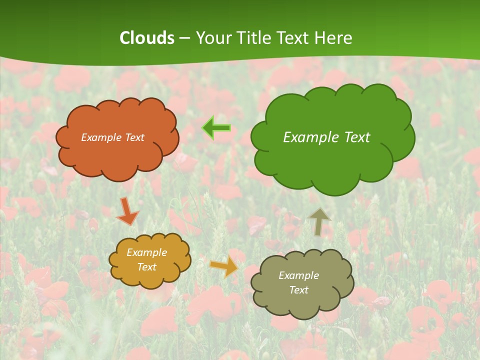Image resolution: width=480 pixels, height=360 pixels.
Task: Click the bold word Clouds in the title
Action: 147,38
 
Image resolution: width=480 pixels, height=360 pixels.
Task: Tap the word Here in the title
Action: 333,38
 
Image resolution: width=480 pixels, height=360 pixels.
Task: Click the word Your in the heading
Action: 214,38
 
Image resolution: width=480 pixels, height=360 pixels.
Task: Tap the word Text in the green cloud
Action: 357,137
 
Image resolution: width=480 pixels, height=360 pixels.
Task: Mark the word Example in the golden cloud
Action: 146,252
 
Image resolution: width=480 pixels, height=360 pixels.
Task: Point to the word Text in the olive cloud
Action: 298,290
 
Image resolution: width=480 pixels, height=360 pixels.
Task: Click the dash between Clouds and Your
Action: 184,38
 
